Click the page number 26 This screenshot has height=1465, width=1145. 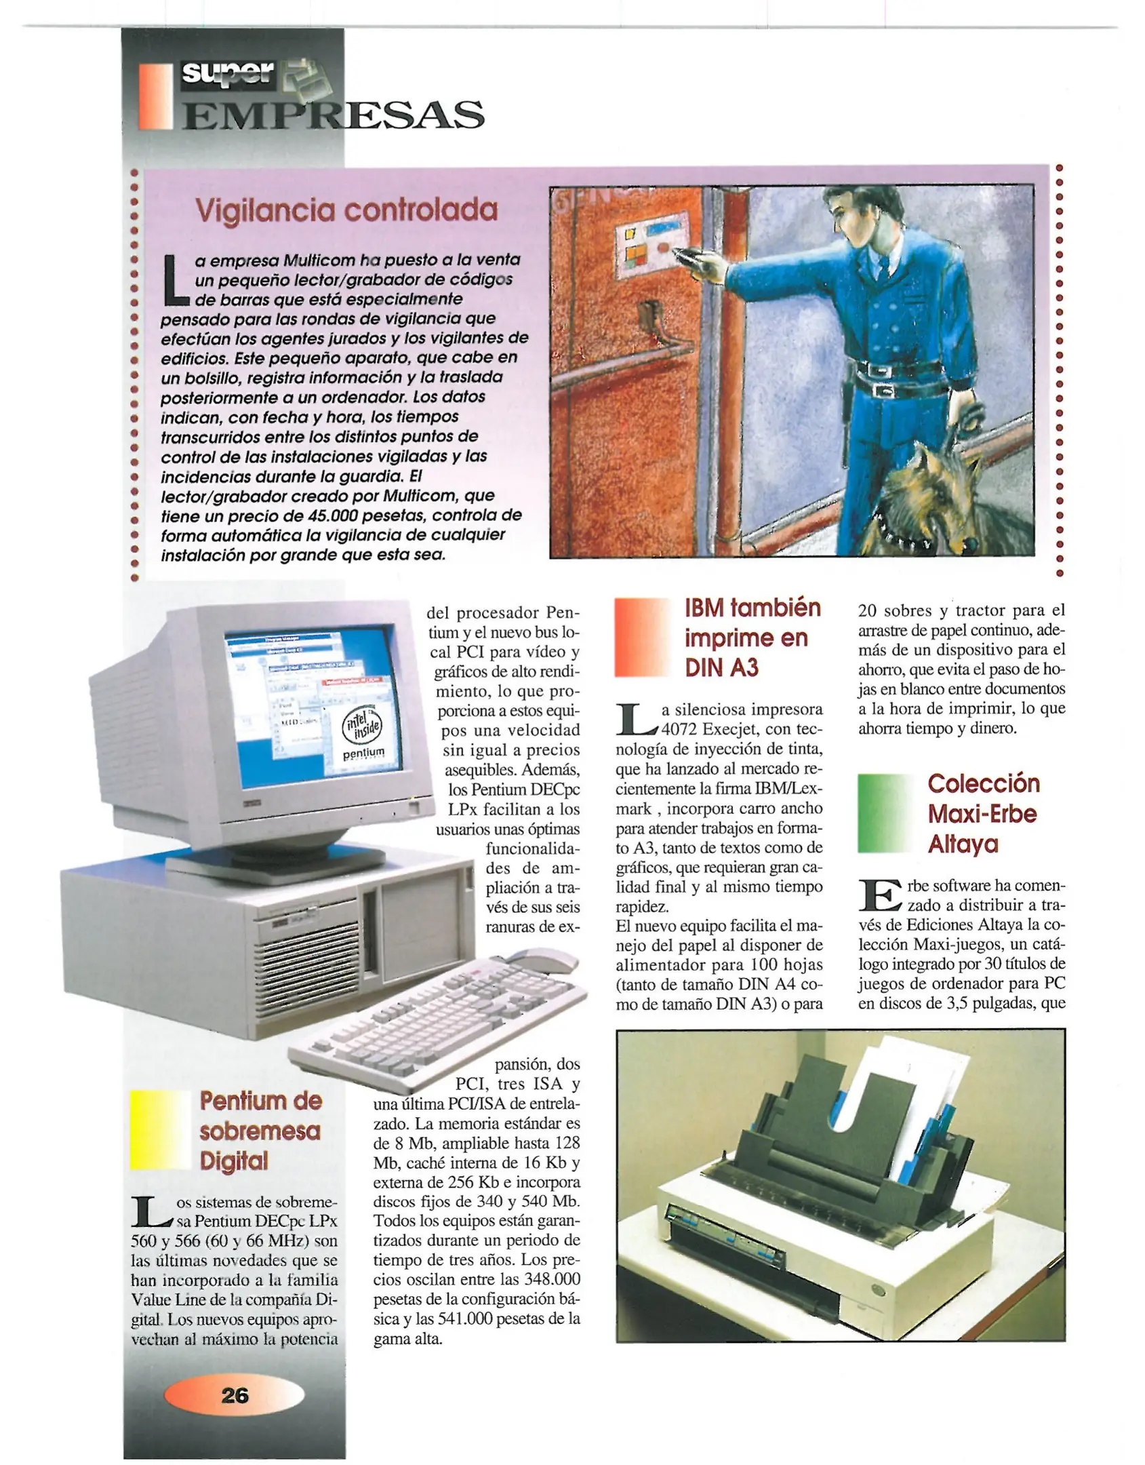(x=235, y=1395)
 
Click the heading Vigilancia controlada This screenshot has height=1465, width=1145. (x=346, y=210)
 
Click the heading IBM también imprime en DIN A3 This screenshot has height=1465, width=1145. (x=752, y=638)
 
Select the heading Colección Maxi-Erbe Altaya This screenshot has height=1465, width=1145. (x=983, y=813)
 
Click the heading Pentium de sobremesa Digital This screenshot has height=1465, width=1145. (x=260, y=1131)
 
